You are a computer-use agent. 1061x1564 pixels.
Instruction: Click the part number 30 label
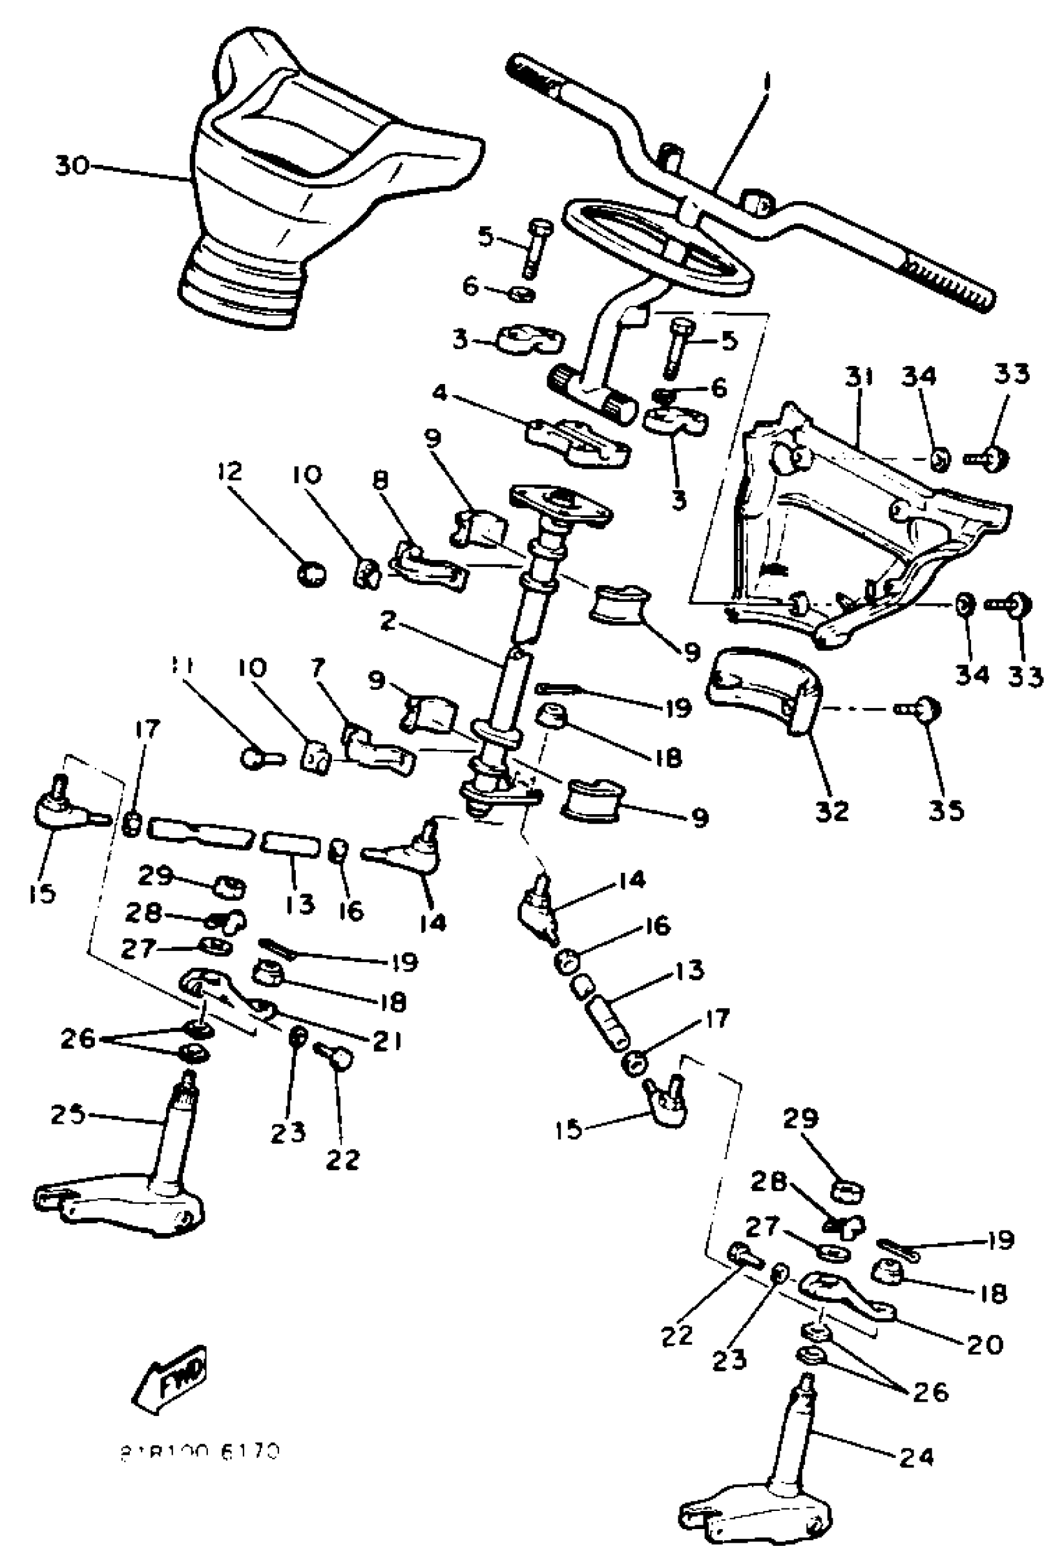(71, 165)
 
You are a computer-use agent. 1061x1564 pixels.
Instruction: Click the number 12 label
(230, 471)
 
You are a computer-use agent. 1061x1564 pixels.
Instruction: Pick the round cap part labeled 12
(311, 575)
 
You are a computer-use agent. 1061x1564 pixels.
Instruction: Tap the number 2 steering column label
(387, 621)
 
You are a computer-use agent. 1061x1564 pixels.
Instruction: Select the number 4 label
(439, 391)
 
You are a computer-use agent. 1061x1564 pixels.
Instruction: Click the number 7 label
(317, 667)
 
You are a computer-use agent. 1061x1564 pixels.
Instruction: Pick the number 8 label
(380, 483)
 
